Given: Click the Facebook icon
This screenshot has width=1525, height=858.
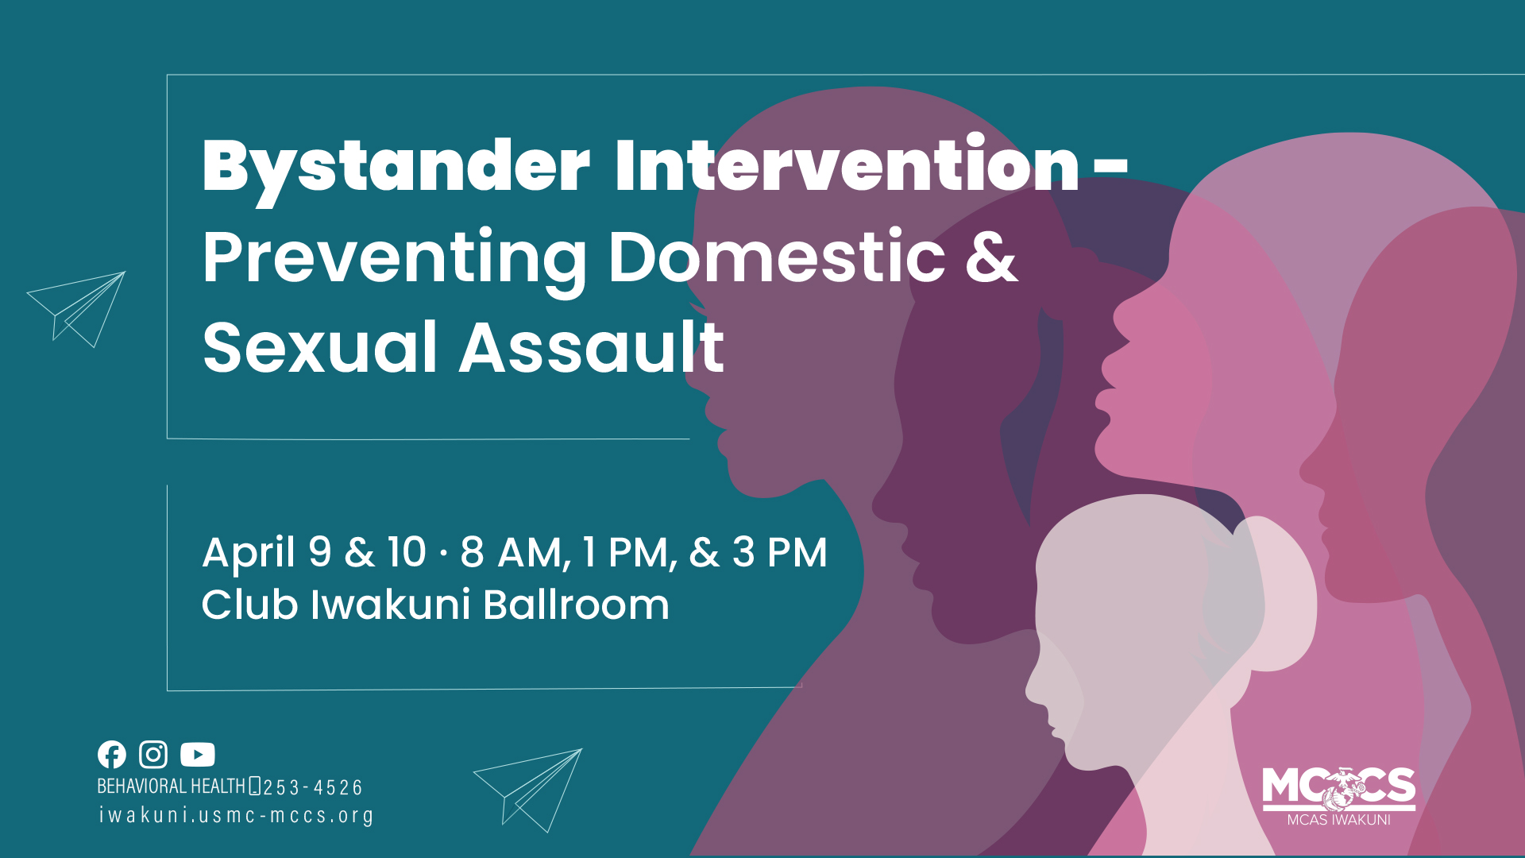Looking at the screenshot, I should [112, 754].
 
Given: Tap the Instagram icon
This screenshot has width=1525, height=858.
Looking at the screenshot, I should [153, 754].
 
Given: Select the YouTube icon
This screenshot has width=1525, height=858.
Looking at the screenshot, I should [197, 754].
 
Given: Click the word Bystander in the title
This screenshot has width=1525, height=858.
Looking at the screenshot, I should [396, 168].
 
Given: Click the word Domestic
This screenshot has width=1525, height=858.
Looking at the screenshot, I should [777, 257].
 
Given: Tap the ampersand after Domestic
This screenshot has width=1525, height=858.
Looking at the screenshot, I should [991, 257].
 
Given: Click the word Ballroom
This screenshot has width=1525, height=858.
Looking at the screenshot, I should [576, 605].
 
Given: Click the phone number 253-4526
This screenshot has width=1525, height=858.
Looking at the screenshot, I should [312, 788].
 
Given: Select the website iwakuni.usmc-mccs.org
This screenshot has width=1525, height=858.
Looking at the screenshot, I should [236, 816].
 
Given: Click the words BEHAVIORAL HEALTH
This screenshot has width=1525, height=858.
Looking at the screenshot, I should [171, 786].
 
